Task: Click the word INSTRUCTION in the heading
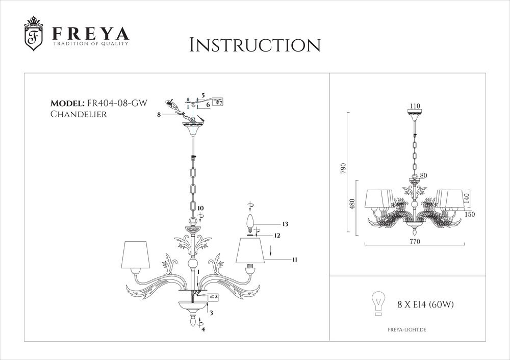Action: point(254,45)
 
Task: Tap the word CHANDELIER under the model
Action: point(79,114)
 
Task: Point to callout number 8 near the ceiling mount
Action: point(159,116)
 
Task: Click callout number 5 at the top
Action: point(202,95)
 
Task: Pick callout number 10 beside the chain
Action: point(200,208)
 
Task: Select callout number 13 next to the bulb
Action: point(285,224)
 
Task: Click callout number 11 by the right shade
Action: point(294,260)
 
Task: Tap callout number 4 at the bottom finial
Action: point(203,329)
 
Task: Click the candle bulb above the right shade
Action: point(250,223)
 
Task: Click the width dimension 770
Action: point(414,243)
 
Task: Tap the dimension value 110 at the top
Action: point(414,107)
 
